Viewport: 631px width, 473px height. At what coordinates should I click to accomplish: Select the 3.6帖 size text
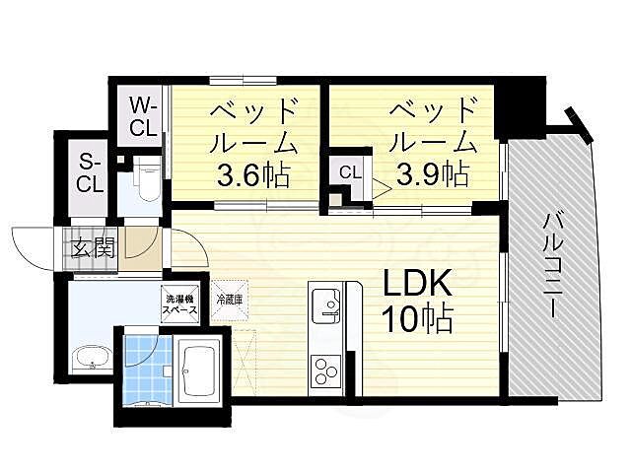253,177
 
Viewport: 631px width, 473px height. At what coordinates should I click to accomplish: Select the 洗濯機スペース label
180,304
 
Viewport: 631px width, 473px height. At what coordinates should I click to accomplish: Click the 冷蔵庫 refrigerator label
230,299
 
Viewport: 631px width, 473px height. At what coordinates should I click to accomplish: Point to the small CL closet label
350,172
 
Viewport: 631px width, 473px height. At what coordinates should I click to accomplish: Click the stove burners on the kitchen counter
325,371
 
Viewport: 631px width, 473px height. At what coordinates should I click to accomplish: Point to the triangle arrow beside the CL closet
379,183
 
